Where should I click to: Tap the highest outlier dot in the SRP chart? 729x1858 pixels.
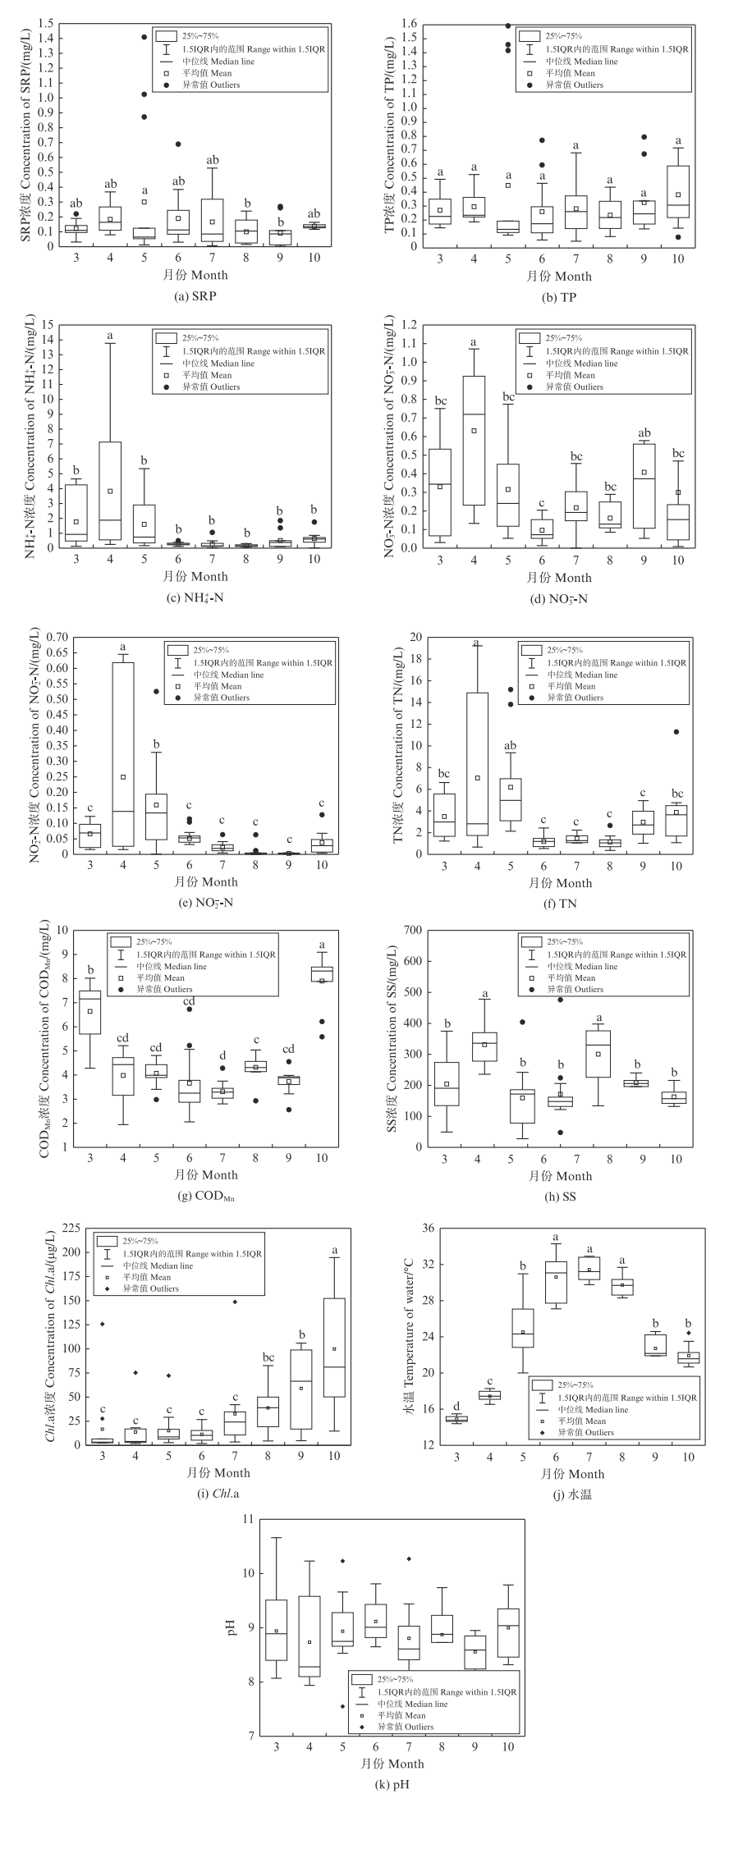point(144,37)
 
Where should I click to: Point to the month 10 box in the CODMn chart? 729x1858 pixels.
point(321,973)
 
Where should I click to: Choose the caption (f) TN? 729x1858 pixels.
point(559,903)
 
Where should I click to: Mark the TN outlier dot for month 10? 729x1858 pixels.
point(676,732)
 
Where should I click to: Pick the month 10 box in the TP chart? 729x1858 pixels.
point(678,191)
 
